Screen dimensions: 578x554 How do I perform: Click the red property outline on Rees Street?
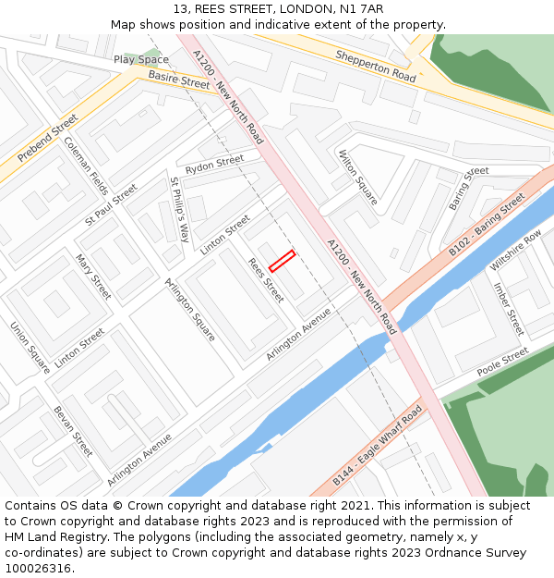282,261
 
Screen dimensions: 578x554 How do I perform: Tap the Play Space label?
140,60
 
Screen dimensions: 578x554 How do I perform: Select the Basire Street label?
179,80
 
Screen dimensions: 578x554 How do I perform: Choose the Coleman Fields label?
86,166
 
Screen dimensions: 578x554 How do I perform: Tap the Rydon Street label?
214,166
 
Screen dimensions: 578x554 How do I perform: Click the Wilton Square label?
358,177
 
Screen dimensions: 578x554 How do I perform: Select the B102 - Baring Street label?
487,225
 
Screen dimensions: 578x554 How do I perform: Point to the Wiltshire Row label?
515,251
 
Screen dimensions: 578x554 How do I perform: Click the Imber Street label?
508,309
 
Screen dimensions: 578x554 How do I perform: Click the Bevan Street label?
74,431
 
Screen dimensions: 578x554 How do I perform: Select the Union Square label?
30,347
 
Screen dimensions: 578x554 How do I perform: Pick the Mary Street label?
93,277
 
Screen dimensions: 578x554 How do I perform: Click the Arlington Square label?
190,309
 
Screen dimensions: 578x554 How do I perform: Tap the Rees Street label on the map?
266,279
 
